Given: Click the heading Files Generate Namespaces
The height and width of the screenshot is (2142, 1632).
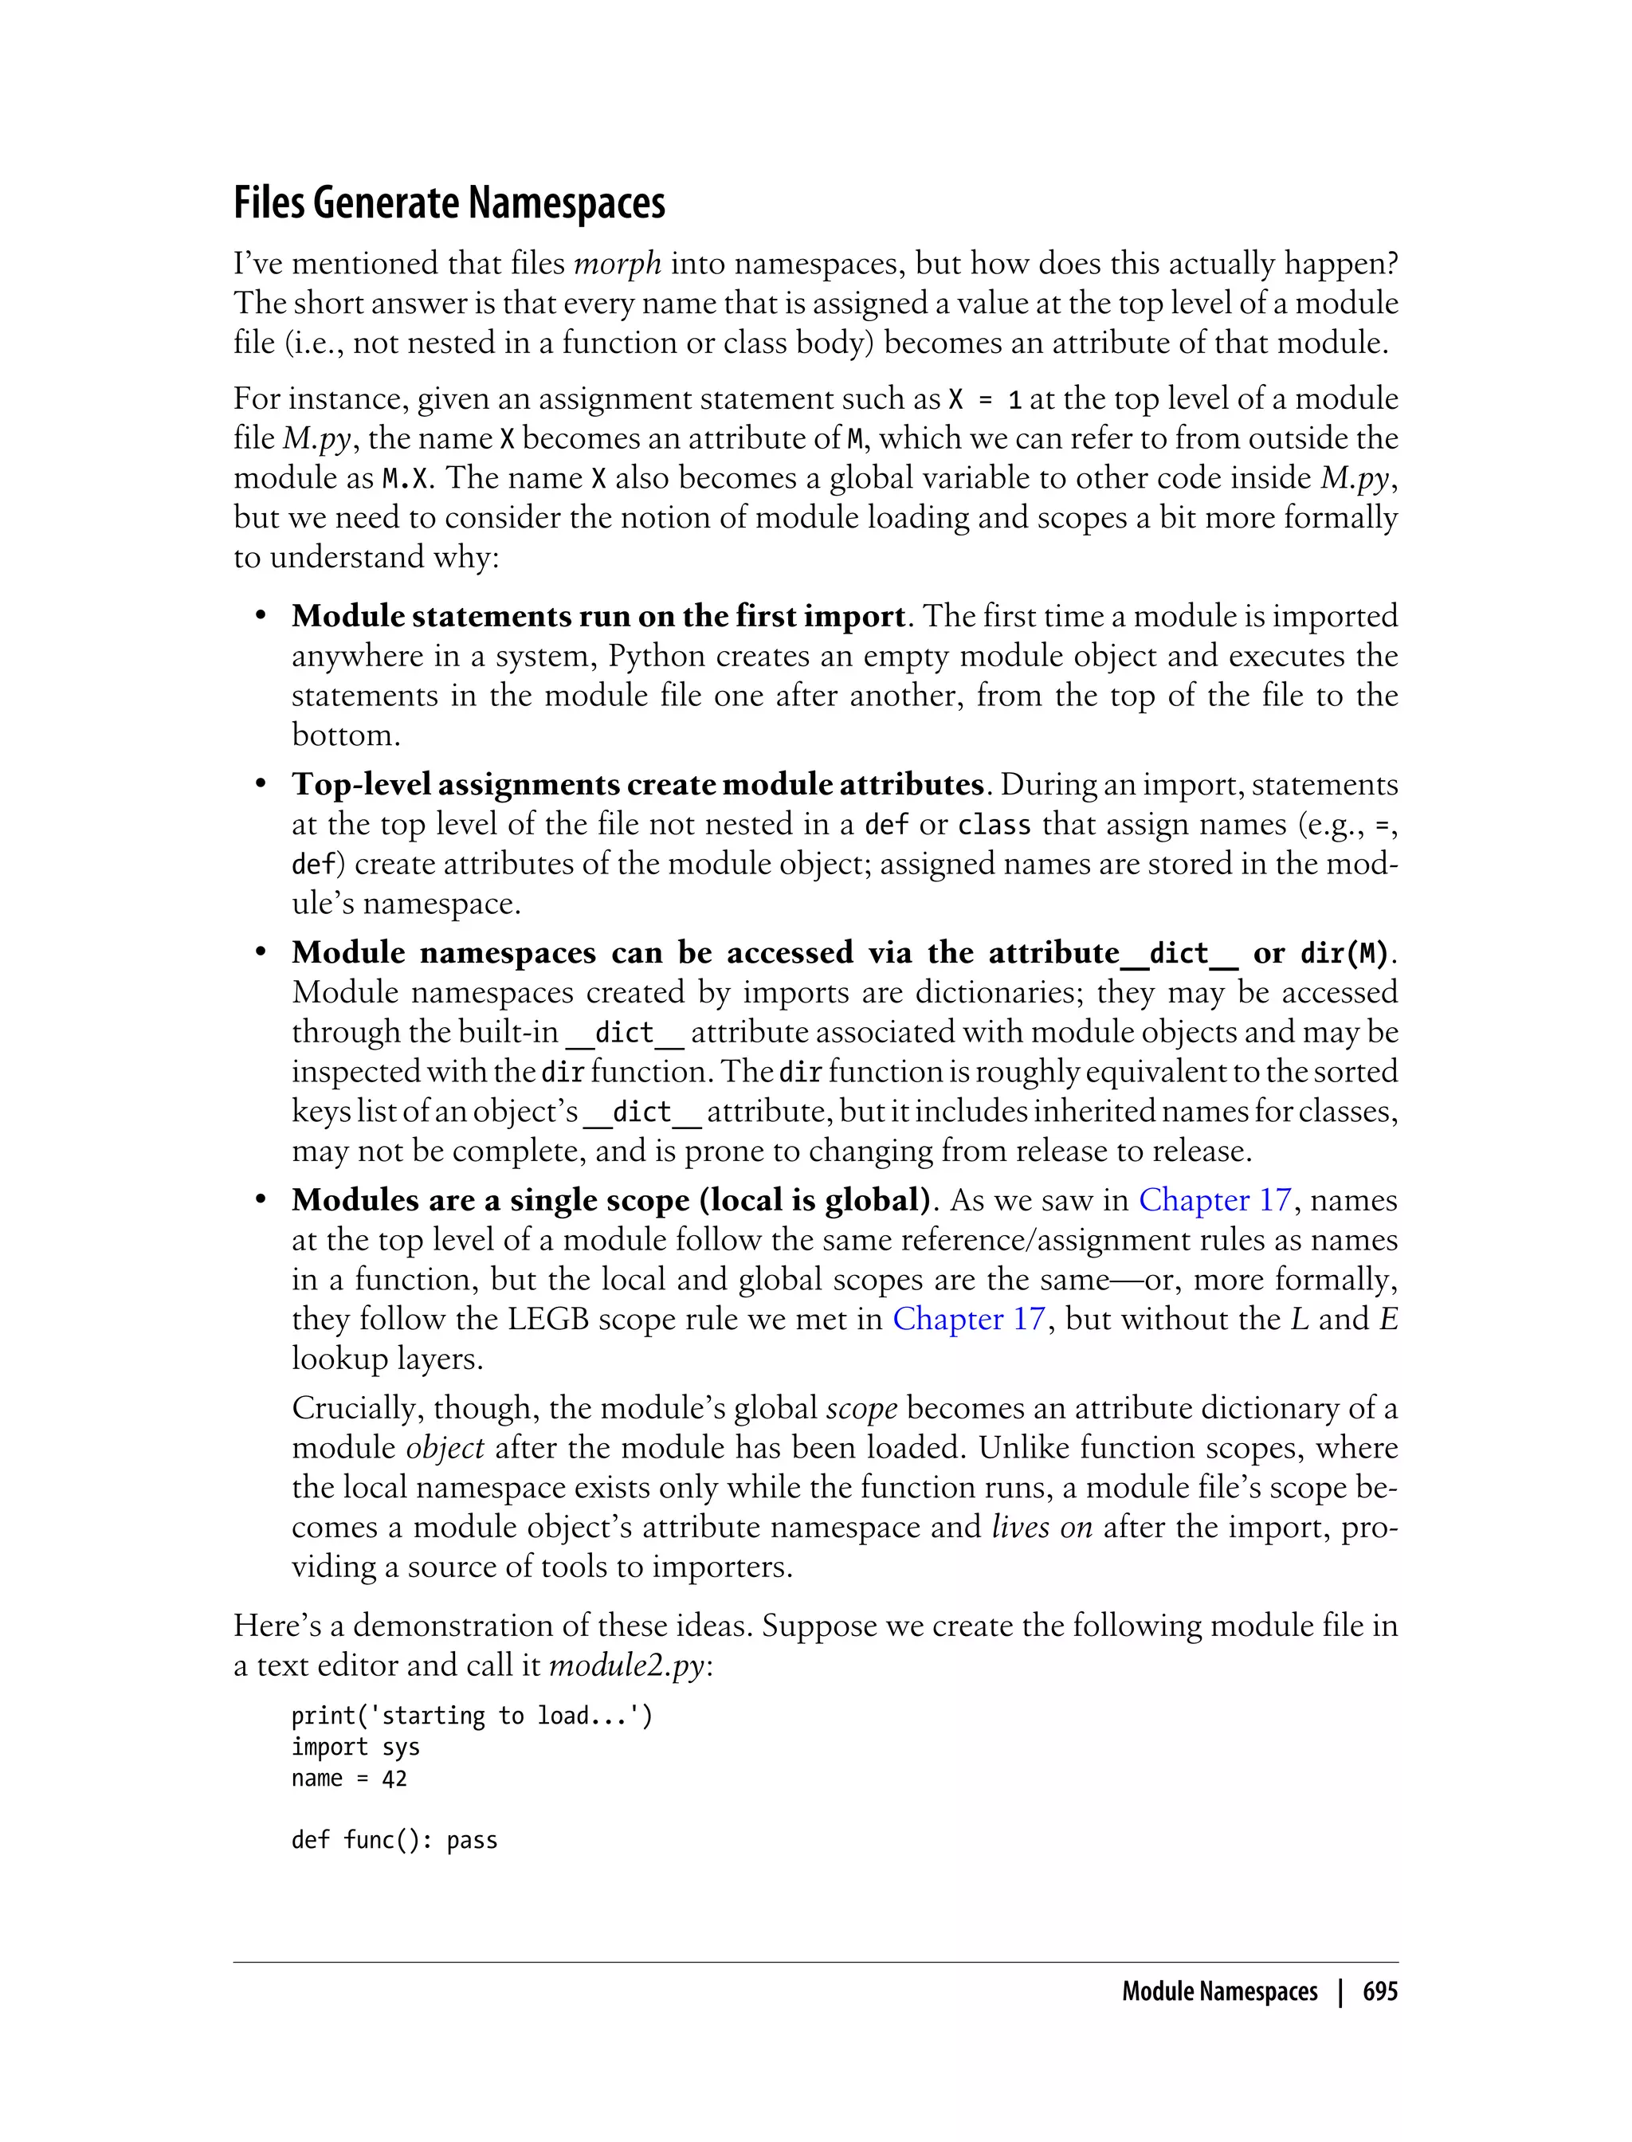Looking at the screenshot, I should [449, 203].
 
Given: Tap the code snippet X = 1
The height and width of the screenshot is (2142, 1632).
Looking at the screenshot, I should [985, 399].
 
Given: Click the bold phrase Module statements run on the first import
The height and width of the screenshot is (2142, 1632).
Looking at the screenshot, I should [598, 616].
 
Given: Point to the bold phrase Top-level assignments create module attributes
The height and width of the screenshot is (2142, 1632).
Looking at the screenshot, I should [638, 784].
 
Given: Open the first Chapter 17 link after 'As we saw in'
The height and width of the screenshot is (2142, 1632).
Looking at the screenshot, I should [1214, 1200].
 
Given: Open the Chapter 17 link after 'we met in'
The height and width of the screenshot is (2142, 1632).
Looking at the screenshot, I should [968, 1319].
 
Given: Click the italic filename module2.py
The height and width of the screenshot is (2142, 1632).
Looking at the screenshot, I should [626, 1665].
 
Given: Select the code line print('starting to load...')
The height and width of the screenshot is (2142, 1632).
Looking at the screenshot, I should [472, 1716].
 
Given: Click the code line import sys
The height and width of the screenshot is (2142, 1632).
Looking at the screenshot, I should [355, 1748].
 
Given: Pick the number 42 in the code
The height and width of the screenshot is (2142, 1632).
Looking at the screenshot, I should [394, 1779].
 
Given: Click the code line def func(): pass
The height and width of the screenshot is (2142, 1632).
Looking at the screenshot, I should [394, 1841].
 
